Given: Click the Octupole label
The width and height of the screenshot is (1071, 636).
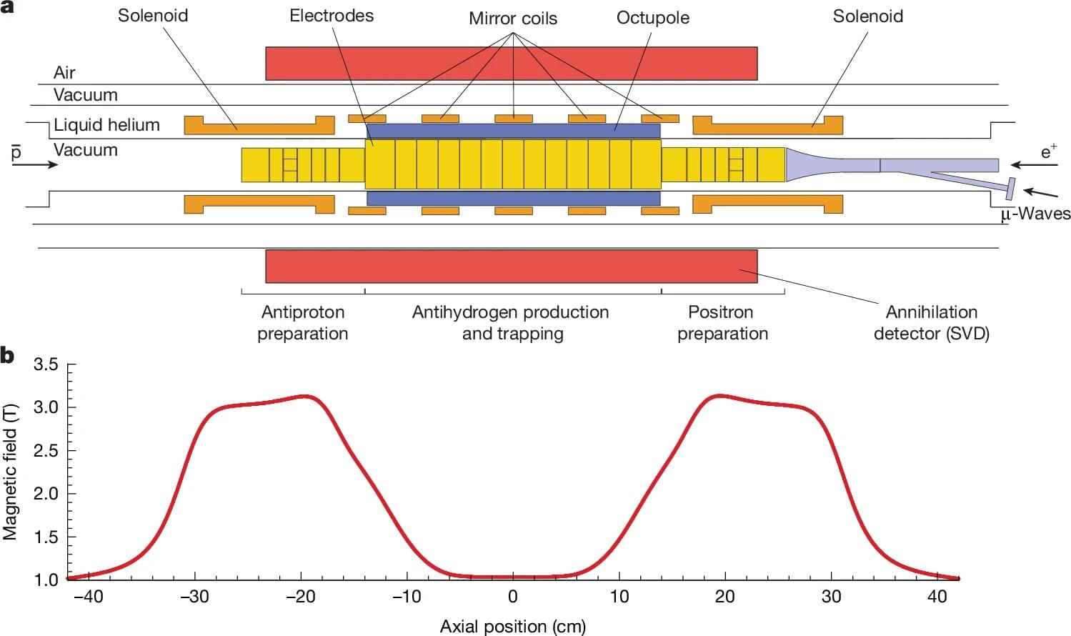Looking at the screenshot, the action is coord(652,18).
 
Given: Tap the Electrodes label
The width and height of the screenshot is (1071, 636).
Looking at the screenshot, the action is coord(332,15).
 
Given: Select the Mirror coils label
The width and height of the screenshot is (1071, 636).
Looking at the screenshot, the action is coord(513,18).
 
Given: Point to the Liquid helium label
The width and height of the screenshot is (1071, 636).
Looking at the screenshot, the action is coord(106,125).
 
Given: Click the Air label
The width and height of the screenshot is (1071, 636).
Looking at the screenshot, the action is coord(64,73).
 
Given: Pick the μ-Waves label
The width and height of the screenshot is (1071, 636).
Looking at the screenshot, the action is coord(1035,214).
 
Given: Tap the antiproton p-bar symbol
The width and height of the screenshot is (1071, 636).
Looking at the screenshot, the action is coord(16,152).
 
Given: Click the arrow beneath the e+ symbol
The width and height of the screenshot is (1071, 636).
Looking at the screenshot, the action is coord(1034,165).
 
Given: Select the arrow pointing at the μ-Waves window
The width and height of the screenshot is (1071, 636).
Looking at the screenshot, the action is coord(1040,193).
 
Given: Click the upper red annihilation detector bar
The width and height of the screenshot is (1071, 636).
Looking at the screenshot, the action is coord(511,64).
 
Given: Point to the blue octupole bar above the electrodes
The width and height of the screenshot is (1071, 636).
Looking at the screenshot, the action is coord(514,131).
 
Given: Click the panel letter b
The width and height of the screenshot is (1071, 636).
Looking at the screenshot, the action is coord(7,356).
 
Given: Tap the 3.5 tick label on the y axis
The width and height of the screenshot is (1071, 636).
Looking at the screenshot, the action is coord(46,364).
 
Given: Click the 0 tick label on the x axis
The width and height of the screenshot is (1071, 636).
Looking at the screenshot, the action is coord(513,596).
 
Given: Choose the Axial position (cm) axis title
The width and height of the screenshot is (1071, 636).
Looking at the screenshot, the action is coord(512,627).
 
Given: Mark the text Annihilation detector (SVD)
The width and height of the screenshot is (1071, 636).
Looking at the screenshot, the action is coord(932,323).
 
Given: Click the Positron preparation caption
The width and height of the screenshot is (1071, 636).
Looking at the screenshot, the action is coord(722,323).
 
